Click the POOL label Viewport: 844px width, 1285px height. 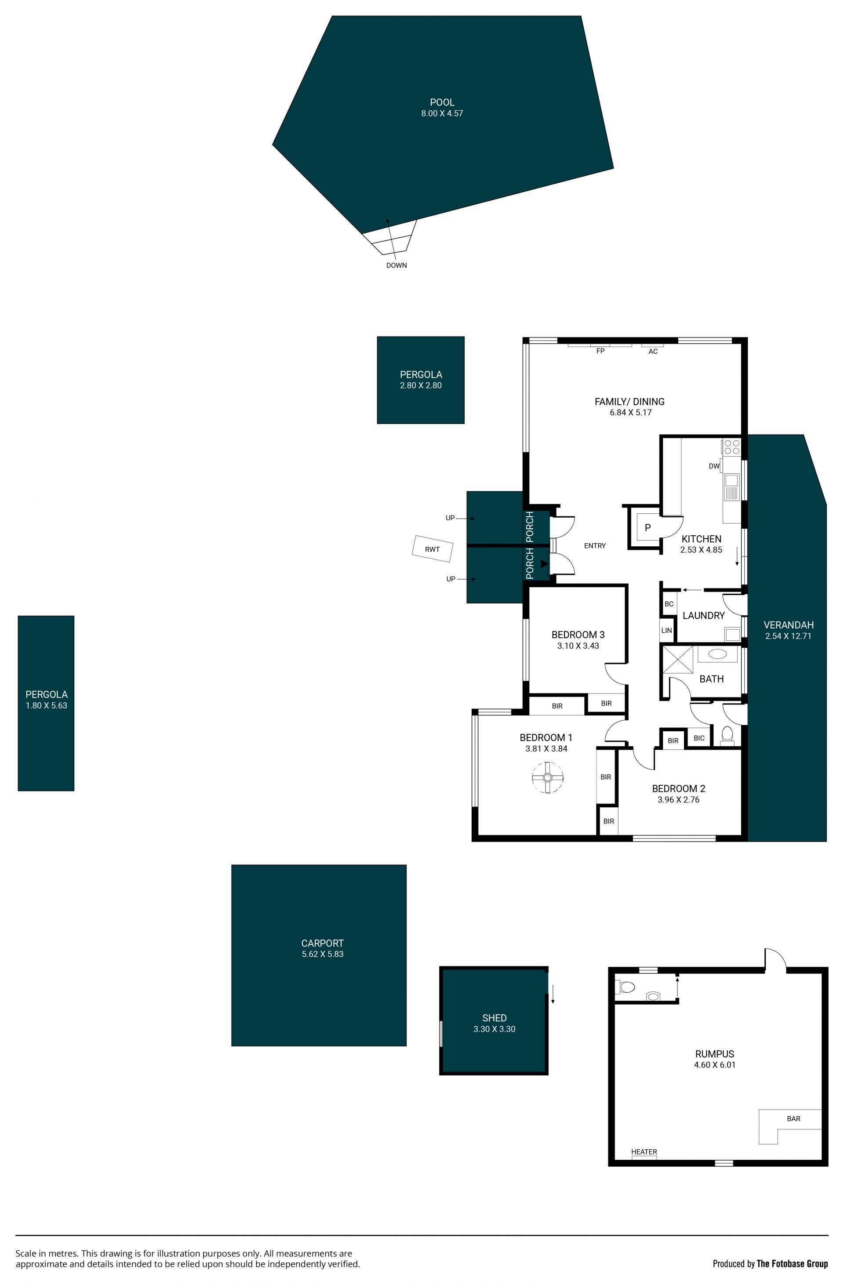pos(442,102)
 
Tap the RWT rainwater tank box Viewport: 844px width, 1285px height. pos(432,549)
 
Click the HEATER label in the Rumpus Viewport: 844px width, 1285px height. pos(644,1152)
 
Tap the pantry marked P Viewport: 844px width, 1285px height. pos(648,527)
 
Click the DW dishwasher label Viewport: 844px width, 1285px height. pos(714,466)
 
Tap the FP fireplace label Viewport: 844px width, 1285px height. pos(600,351)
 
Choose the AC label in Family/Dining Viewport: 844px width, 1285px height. pos(653,352)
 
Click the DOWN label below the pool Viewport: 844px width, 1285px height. pos(397,265)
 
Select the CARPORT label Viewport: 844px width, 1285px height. pos(322,943)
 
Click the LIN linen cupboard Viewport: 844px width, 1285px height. pos(666,630)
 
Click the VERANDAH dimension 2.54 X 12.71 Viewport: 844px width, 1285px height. pos(788,636)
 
